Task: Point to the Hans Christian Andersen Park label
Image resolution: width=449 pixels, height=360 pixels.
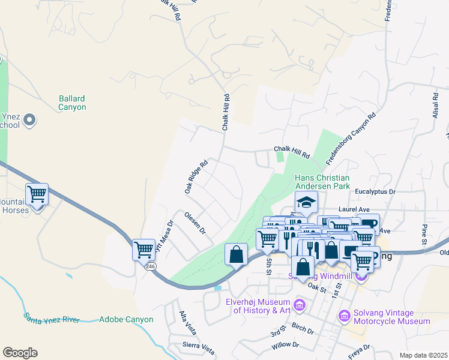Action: pos(321,182)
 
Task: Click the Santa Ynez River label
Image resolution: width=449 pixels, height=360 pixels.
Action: pos(52,317)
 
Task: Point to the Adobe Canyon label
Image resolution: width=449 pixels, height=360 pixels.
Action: pos(126,320)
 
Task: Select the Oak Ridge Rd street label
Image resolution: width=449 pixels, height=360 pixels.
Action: pos(196,176)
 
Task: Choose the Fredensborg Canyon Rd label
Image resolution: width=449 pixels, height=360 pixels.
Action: pos(351,139)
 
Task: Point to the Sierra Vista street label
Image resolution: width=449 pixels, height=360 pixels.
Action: pos(199,346)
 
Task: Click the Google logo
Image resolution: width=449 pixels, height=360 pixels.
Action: pos(20,353)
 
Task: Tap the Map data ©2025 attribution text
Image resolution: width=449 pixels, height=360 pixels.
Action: pos(423,355)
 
